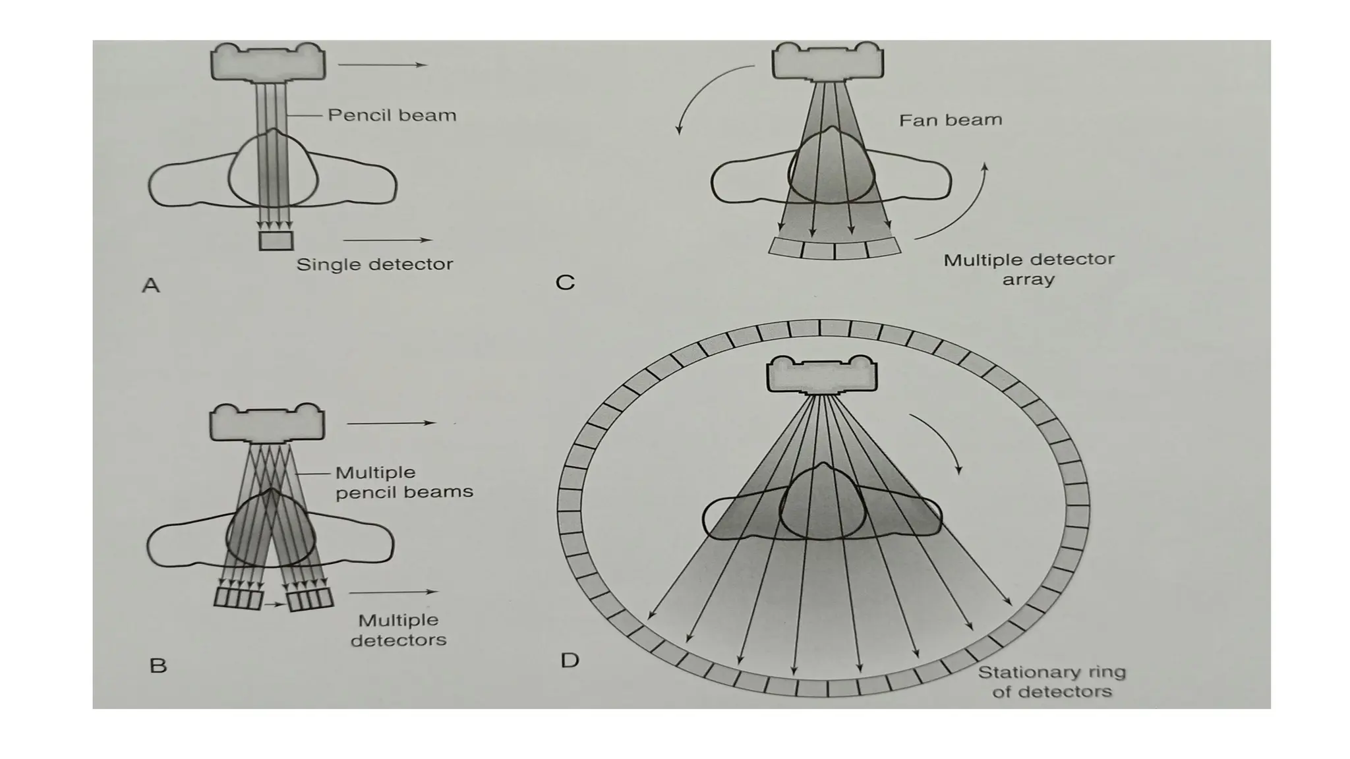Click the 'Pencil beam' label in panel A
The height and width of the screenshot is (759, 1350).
tap(392, 115)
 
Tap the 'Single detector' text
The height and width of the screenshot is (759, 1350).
tap(374, 264)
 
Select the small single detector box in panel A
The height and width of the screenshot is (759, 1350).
tap(276, 240)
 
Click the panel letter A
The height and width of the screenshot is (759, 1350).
tap(151, 285)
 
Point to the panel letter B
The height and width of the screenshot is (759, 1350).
tap(158, 665)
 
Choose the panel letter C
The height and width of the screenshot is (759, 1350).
tap(565, 283)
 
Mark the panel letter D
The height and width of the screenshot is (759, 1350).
tap(570, 660)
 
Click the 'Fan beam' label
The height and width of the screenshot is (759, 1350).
tap(950, 120)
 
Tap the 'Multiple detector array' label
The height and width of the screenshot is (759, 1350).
tap(1028, 269)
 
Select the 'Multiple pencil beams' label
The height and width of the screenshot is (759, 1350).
tap(403, 482)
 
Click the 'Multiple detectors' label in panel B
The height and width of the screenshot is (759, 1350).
tap(398, 630)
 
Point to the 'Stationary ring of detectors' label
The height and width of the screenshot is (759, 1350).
tap(1051, 682)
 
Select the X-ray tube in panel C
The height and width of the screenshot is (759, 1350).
tap(827, 61)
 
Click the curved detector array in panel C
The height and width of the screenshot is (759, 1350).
tap(835, 249)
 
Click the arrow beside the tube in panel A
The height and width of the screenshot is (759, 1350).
tap(382, 65)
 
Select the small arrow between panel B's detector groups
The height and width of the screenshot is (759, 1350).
tap(274, 603)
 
